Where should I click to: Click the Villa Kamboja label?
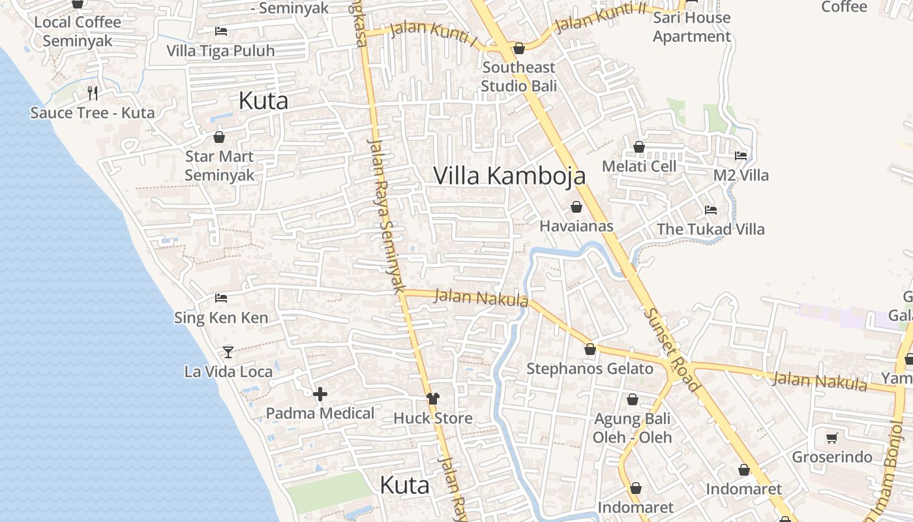(x=509, y=176)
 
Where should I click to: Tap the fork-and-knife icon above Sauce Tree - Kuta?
(x=93, y=93)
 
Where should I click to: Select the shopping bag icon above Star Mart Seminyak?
(x=219, y=137)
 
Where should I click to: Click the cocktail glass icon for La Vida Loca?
(x=228, y=352)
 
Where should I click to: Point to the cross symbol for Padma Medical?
(x=320, y=394)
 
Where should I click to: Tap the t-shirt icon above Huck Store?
(x=432, y=398)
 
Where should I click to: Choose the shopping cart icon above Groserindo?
(x=831, y=438)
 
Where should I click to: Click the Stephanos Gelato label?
(x=590, y=369)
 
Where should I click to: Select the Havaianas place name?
(x=576, y=226)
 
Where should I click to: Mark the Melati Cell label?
(x=639, y=166)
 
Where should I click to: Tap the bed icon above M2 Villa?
(x=741, y=156)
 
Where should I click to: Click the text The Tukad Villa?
(x=710, y=229)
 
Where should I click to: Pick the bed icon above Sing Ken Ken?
(x=221, y=298)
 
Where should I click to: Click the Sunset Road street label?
(x=672, y=350)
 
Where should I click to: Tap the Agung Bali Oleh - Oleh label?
(x=632, y=428)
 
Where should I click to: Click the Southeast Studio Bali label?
(x=519, y=76)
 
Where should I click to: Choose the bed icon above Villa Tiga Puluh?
(x=221, y=31)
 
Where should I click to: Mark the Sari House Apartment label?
(x=692, y=27)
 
